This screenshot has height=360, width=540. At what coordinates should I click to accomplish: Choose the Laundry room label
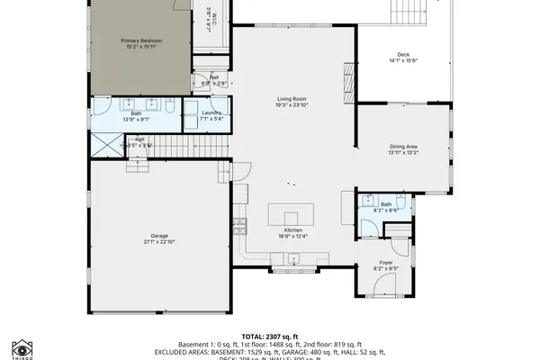tap(211, 112)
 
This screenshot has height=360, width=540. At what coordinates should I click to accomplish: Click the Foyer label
tap(385, 263)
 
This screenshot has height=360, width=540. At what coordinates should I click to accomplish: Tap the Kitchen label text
tap(293, 229)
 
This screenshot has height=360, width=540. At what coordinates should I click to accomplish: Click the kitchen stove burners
tap(239, 221)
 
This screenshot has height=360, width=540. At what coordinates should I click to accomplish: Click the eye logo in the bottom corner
tap(22, 346)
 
